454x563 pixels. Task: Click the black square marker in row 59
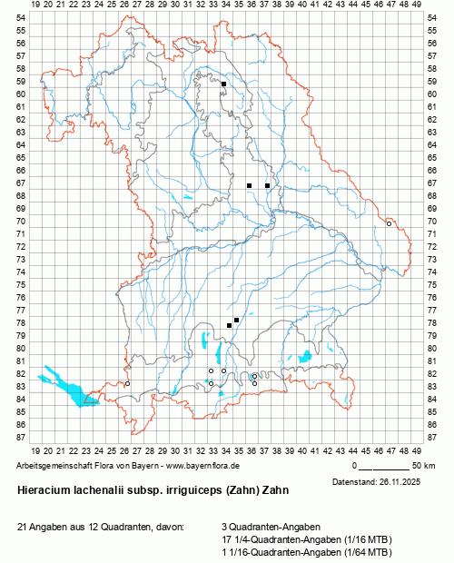[223, 84]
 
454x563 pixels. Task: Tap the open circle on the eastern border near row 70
[389, 223]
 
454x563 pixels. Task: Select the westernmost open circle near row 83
[127, 383]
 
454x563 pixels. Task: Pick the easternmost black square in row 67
[267, 185]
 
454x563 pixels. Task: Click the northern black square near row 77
[236, 320]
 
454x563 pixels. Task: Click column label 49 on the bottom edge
[416, 449]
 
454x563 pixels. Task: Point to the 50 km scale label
[423, 465]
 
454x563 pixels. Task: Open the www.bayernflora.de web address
[194, 465]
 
